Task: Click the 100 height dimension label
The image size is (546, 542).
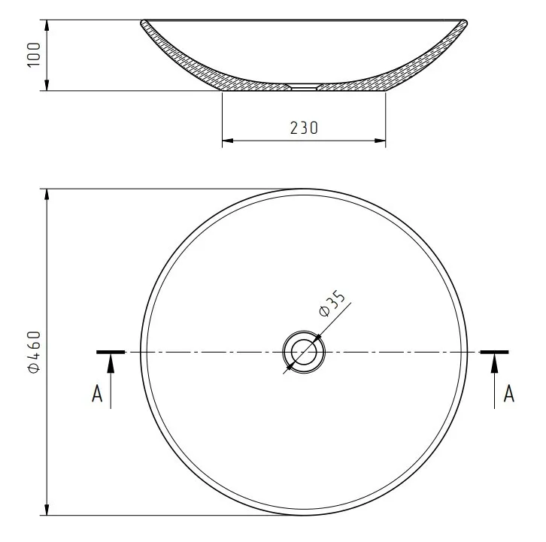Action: point(34,55)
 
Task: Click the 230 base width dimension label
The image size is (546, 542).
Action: point(304,128)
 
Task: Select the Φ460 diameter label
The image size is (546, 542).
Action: point(34,352)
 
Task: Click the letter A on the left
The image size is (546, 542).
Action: point(97,394)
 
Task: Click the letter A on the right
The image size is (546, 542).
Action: point(508,394)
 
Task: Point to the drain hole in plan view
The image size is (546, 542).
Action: point(304,352)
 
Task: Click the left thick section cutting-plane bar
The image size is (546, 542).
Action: point(111,352)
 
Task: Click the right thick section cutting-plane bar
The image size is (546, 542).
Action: point(494,352)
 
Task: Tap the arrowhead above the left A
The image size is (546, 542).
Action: point(111,363)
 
